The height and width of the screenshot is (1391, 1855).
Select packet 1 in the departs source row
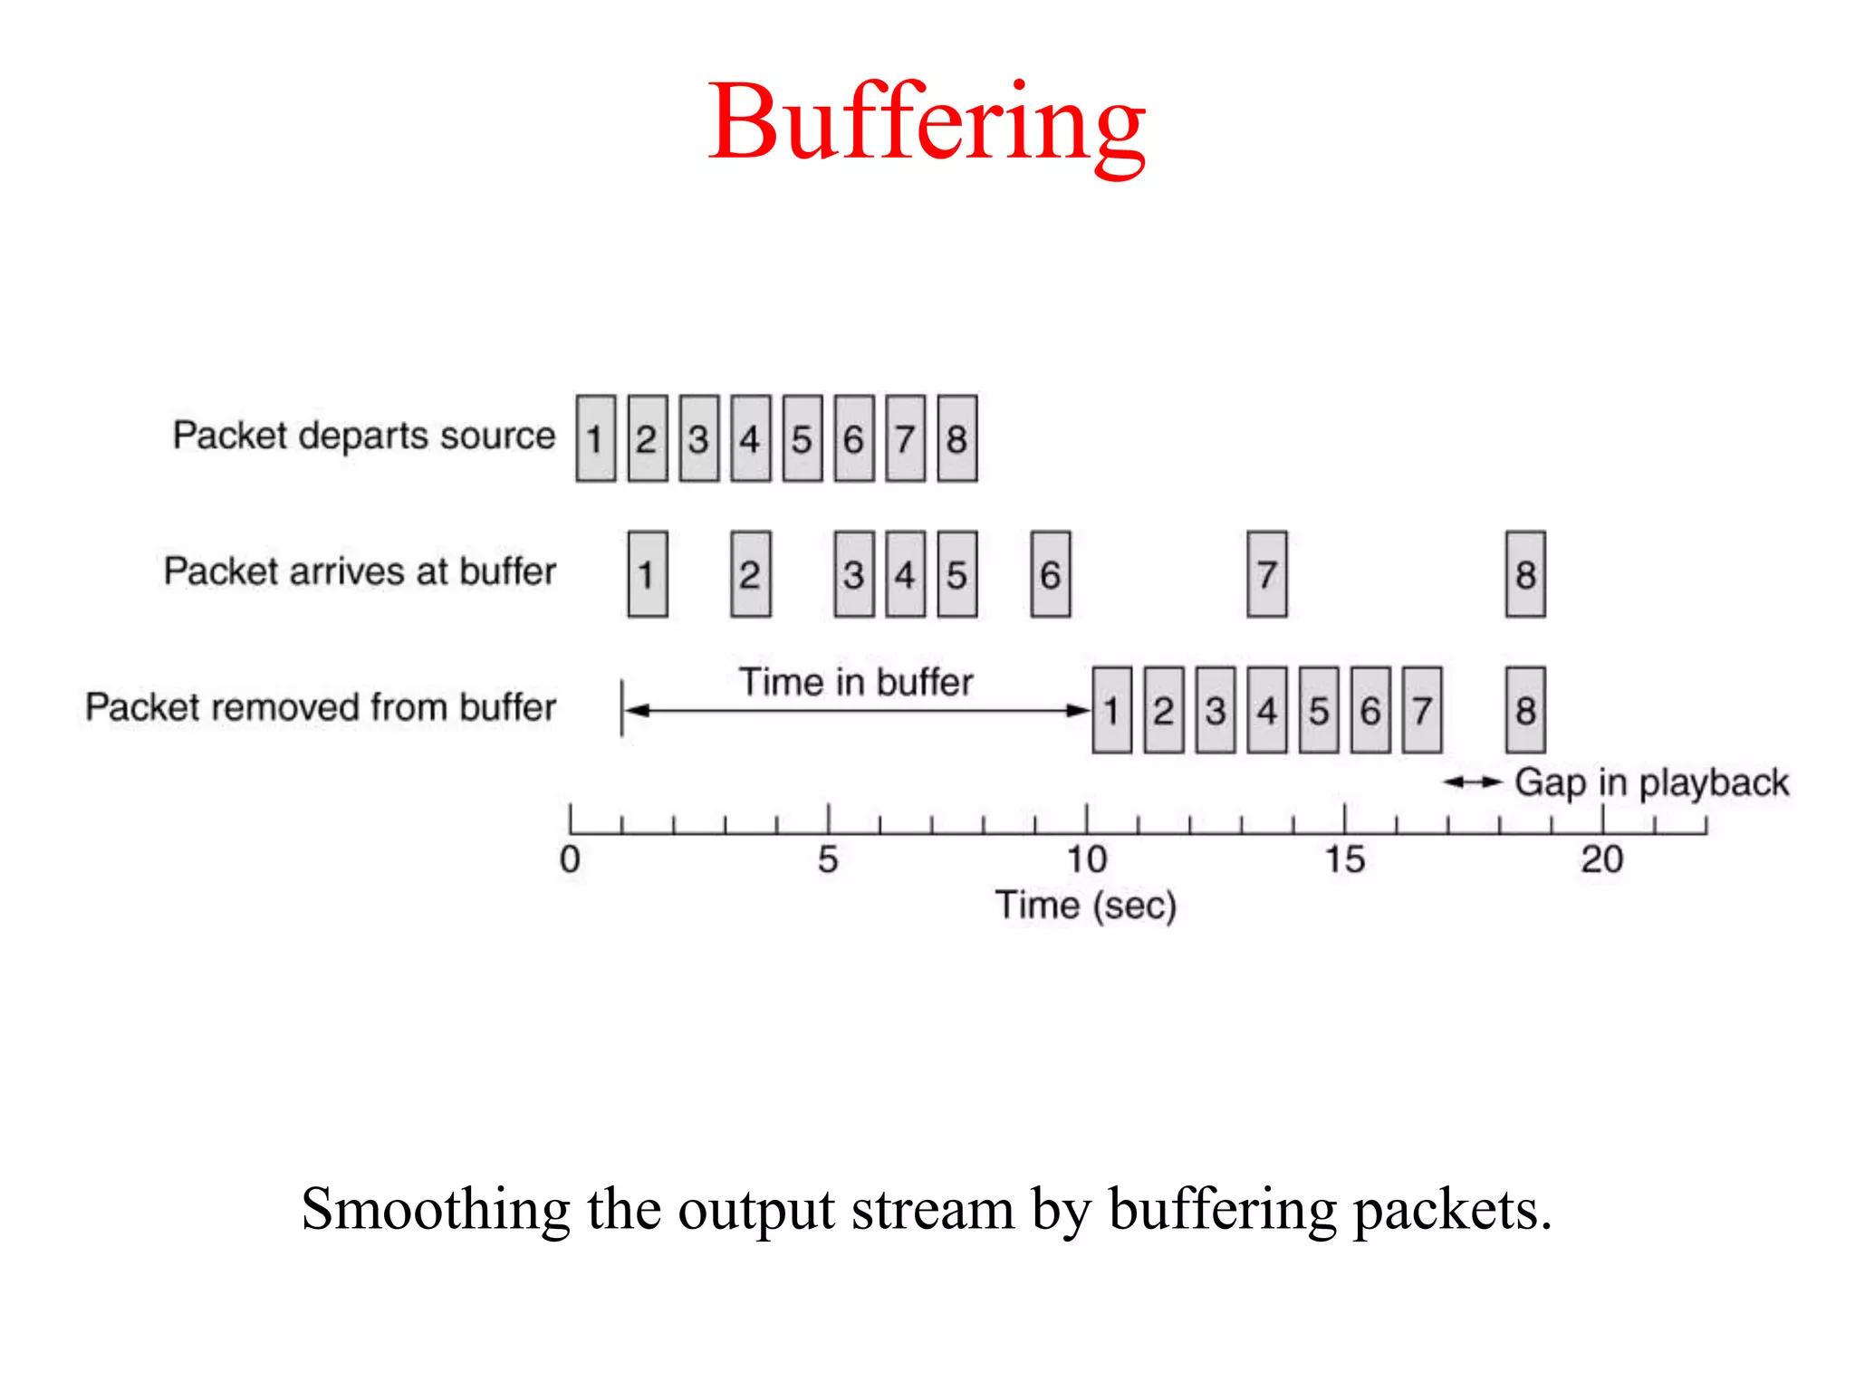pos(595,438)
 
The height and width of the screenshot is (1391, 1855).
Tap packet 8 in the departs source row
pos(956,438)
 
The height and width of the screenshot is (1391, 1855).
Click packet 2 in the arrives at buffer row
pos(750,574)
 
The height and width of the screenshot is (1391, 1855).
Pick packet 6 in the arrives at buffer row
pos(1050,574)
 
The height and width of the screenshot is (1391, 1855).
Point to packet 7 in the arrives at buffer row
pos(1266,574)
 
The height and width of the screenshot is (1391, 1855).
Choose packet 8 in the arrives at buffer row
pos(1525,574)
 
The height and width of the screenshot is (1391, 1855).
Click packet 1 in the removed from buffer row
pos(1111,710)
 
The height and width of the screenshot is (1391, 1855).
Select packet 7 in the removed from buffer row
pos(1421,710)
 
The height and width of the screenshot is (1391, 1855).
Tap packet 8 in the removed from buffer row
pos(1525,710)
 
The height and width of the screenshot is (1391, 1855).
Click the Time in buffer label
pos(856,682)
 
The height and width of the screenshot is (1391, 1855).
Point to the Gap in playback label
pos(1651,782)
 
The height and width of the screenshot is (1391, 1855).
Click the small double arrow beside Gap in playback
pos(1473,782)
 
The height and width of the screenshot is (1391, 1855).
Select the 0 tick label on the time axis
pos(570,859)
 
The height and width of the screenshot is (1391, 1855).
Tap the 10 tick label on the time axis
pos(1086,859)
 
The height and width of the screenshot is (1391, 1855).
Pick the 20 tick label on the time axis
pos(1601,859)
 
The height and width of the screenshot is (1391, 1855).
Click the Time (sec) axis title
pos(1085,905)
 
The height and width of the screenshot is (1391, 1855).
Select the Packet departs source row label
pos(364,436)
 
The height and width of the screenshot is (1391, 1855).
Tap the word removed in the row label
pos(285,707)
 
